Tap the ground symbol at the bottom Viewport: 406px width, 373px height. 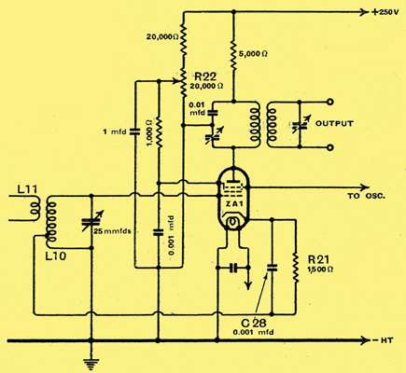[x=91, y=363]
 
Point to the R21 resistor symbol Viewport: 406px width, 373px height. [x=295, y=268]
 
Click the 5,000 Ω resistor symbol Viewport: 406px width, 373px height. [x=233, y=53]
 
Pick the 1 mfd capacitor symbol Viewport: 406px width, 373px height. [x=135, y=131]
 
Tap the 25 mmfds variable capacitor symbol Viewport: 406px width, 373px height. [x=91, y=222]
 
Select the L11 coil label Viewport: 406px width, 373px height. [x=27, y=189]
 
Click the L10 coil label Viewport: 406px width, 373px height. [x=55, y=256]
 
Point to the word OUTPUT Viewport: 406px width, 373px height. [x=334, y=123]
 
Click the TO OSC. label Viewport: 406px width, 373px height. [x=367, y=196]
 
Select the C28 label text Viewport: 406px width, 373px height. [x=254, y=323]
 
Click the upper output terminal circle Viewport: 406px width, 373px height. [x=330, y=102]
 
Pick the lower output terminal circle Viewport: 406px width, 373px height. [x=330, y=148]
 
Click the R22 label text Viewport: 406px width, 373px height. [x=204, y=76]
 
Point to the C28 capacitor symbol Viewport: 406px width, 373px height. [x=273, y=268]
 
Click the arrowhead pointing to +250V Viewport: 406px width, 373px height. [x=364, y=12]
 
